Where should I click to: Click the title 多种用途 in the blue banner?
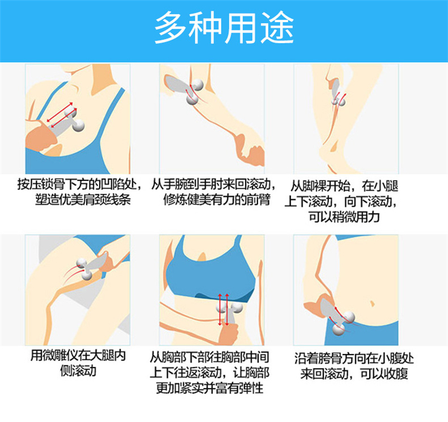click(x=224, y=27)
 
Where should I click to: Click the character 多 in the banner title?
click(x=171, y=27)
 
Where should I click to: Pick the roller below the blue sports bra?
click(x=230, y=311)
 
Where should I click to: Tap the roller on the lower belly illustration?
click(x=336, y=317)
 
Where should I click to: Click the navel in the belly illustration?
click(x=372, y=303)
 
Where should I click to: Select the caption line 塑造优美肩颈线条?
click(x=82, y=199)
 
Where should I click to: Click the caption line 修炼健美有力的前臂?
click(x=217, y=199)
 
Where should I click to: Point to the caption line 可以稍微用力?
click(x=344, y=217)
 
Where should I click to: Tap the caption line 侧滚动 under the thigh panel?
click(x=78, y=371)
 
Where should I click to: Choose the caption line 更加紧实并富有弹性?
click(x=210, y=388)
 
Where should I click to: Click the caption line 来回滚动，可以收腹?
click(x=354, y=374)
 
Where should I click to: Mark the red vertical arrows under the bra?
click(x=223, y=310)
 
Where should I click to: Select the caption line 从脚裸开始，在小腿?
click(x=344, y=186)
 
